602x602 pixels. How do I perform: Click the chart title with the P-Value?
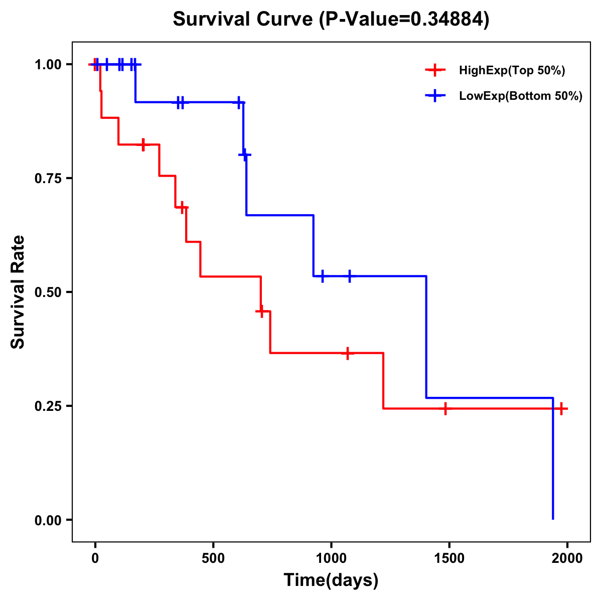point(331,20)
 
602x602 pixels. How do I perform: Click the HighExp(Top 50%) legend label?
point(512,71)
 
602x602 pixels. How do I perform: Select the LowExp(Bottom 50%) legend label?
point(521,96)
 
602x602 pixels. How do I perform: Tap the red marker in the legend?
point(435,70)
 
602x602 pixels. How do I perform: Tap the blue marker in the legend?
point(435,96)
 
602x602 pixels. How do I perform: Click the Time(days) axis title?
point(331,580)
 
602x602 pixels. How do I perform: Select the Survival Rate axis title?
point(18,292)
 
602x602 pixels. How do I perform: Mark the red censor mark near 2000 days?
point(562,409)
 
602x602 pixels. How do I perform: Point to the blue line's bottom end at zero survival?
point(553,519)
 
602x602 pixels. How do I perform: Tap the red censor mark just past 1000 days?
point(347,353)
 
